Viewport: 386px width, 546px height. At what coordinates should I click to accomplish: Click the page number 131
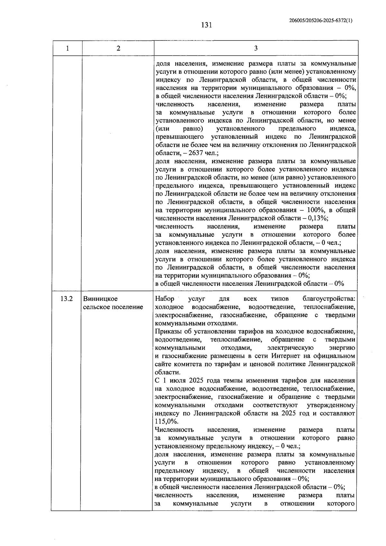206,25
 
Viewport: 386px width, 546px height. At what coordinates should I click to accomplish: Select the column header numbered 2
118,48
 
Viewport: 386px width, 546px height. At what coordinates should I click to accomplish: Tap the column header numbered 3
256,48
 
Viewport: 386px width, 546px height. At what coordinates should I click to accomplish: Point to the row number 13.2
66,299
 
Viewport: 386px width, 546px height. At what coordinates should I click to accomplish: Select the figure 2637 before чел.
195,153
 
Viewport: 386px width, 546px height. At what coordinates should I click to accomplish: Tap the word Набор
164,299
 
